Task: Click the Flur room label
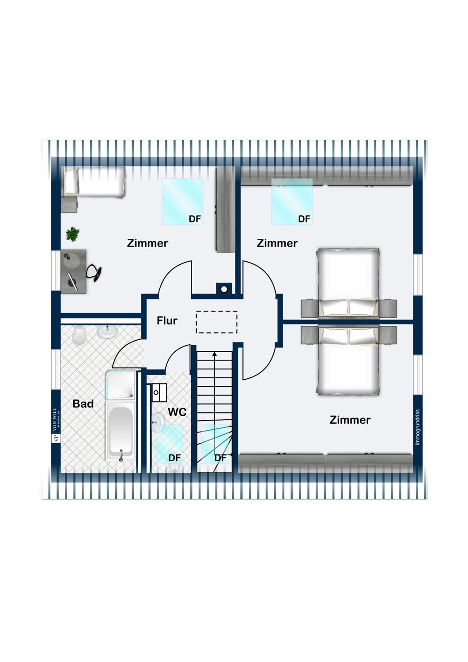point(167,321)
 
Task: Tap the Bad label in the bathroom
point(83,404)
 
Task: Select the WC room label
point(177,412)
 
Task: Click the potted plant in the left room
point(73,234)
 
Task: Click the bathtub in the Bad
point(121,431)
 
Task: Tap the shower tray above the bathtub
point(121,384)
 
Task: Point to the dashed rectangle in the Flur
point(216,322)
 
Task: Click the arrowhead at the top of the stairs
point(215,354)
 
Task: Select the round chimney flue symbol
point(224,289)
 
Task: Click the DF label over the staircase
point(220,458)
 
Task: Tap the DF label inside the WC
point(174,458)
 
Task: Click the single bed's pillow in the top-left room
point(72,181)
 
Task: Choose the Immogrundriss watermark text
point(417,427)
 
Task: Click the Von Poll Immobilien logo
point(56,425)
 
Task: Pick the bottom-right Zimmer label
point(350,420)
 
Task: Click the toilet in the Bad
point(79,335)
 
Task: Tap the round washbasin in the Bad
point(107,332)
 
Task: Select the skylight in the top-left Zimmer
point(182,202)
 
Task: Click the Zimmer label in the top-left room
point(147,243)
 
